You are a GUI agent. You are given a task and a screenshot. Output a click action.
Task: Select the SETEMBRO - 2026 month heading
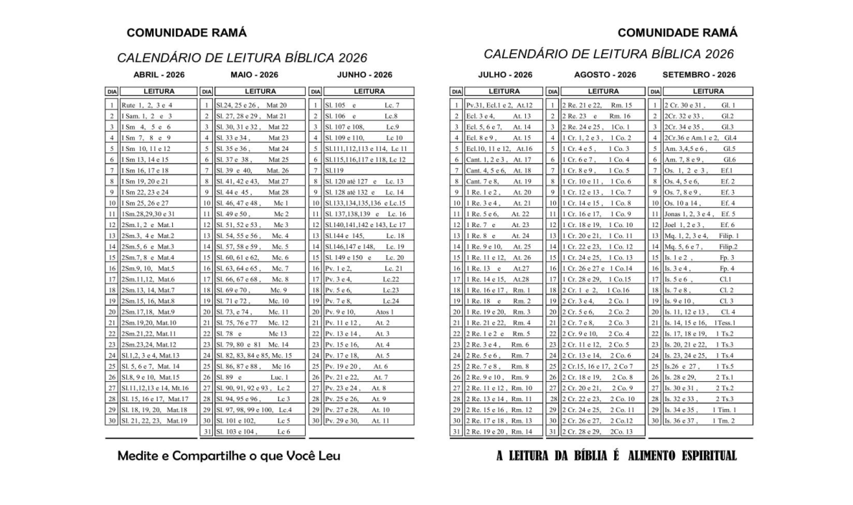[699, 74]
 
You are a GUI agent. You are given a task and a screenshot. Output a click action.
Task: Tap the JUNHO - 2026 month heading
[364, 74]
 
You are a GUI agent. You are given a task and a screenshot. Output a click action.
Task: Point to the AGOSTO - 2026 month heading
[605, 74]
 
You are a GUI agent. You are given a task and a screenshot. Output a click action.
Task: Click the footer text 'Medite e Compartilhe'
[228, 456]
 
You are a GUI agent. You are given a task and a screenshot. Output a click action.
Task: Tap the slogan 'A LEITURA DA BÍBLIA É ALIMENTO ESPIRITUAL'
[616, 456]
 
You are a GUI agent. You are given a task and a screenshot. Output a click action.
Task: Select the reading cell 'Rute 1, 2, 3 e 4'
[147, 105]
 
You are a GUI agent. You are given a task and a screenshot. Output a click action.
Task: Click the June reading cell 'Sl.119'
[334, 170]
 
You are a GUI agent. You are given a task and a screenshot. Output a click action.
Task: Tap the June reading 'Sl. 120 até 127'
[364, 181]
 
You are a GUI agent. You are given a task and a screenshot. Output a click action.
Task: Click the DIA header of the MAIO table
[207, 92]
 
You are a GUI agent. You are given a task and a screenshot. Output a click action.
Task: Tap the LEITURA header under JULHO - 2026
[504, 92]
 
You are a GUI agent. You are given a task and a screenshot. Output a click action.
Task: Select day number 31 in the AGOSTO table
[552, 431]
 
